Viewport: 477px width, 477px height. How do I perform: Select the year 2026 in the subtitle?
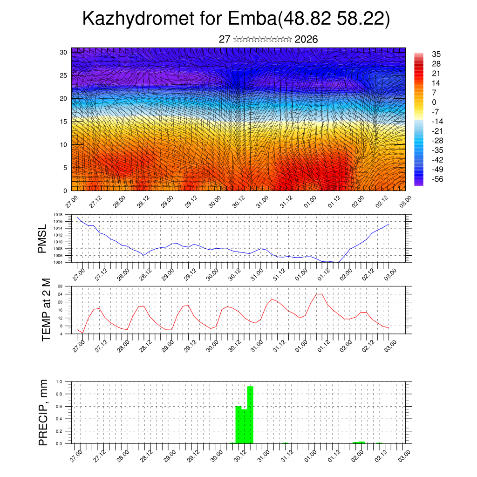[307, 40]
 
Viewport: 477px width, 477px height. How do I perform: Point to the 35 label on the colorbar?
[436, 54]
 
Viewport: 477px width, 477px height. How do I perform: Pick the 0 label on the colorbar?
[434, 102]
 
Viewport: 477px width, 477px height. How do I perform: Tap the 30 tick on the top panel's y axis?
[64, 52]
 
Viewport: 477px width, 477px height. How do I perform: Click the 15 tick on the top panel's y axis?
[64, 122]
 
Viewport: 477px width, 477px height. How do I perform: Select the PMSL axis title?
[42, 238]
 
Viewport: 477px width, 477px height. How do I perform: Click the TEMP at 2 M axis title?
[46, 309]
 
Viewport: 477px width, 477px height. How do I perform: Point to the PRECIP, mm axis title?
[43, 412]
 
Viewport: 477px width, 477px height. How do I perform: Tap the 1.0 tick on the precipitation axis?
[59, 382]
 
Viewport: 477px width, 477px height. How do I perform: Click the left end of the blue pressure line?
[77, 217]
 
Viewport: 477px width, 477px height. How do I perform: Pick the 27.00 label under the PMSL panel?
[78, 273]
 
